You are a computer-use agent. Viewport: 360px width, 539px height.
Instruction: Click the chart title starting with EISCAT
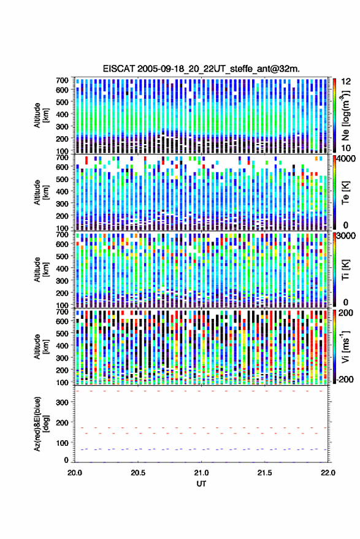pos(201,69)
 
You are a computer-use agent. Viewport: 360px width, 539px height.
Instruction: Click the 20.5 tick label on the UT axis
pos(138,473)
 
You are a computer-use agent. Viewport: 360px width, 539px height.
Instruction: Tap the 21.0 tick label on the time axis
pos(201,473)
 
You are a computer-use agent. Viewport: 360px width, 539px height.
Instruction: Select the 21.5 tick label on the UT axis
pos(264,473)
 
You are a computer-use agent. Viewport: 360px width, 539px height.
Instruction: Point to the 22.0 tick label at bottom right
pos(327,473)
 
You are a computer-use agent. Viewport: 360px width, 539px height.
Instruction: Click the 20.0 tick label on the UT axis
pos(75,473)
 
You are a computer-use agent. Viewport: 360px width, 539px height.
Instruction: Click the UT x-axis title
pos(201,484)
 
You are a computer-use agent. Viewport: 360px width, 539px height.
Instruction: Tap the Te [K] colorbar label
pos(345,192)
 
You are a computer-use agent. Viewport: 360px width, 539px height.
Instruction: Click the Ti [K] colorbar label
pos(345,269)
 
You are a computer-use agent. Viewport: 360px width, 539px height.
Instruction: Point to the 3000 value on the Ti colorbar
pos(347,236)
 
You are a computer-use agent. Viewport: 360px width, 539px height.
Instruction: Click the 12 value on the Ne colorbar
pos(346,82)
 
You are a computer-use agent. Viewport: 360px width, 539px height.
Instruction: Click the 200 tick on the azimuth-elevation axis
pos(62,422)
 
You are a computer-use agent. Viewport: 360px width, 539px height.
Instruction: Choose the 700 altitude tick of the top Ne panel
pos(62,80)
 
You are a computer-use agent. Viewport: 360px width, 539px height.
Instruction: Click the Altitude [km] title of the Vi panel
pos(41,346)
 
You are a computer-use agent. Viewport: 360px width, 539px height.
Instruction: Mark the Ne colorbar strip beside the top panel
pos(334,115)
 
